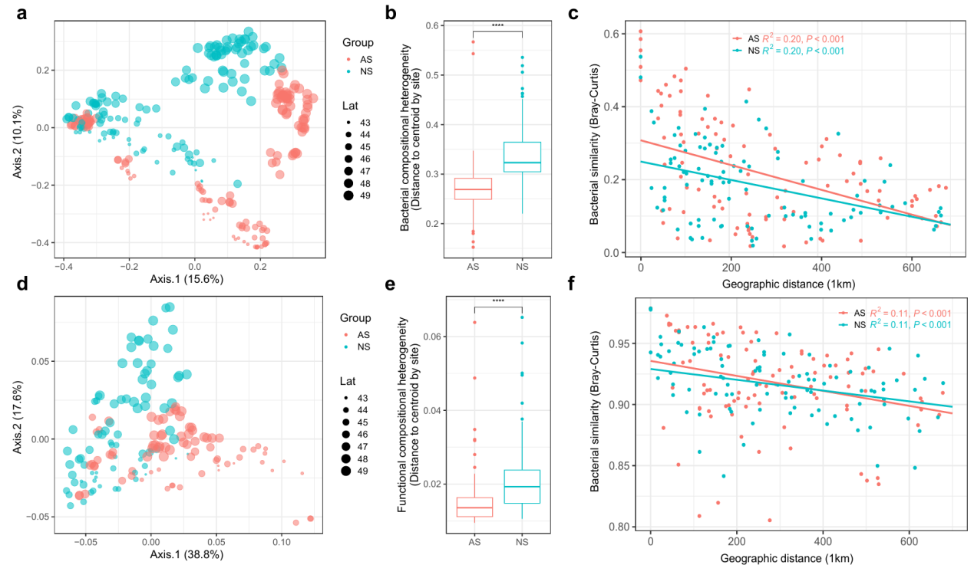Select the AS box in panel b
[x=473, y=189]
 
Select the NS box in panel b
[x=522, y=157]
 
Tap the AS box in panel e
[x=473, y=507]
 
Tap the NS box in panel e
[x=522, y=487]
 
